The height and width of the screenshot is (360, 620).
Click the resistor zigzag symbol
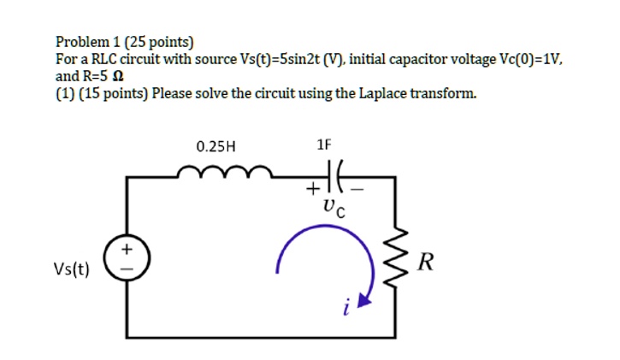click(x=395, y=261)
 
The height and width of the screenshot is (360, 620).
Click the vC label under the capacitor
click(x=334, y=208)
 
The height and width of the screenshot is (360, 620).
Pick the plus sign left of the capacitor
click(x=315, y=189)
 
